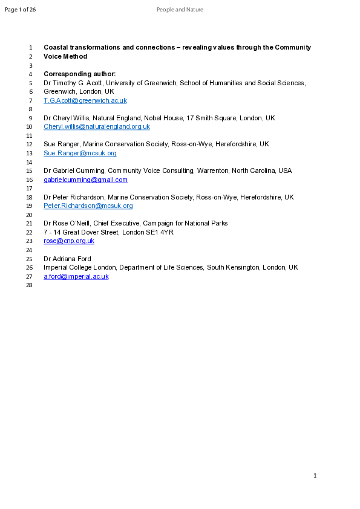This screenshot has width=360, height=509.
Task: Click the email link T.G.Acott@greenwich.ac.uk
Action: (x=85, y=100)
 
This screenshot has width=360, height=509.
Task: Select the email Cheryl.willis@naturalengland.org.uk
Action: (x=96, y=127)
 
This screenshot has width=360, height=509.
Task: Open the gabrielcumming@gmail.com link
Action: (x=85, y=180)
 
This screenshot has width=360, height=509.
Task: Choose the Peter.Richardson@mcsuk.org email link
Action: (x=88, y=206)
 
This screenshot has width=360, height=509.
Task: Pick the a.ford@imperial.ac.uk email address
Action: (x=76, y=276)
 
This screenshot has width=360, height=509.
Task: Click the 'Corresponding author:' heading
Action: (x=83, y=74)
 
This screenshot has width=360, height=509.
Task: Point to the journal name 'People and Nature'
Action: (x=180, y=10)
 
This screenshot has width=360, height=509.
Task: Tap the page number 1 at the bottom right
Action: (x=315, y=476)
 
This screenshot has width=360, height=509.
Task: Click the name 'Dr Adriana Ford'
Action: (x=68, y=259)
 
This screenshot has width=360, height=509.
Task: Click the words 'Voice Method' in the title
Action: (x=65, y=56)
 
